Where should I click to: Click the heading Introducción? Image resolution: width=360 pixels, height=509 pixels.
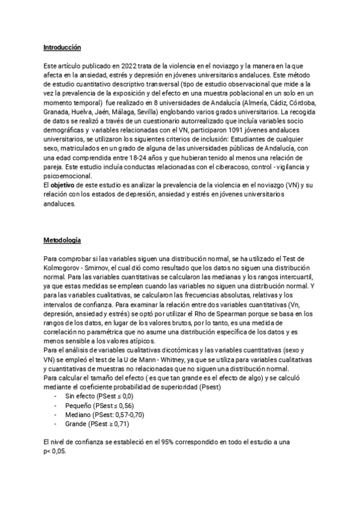click(62, 47)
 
